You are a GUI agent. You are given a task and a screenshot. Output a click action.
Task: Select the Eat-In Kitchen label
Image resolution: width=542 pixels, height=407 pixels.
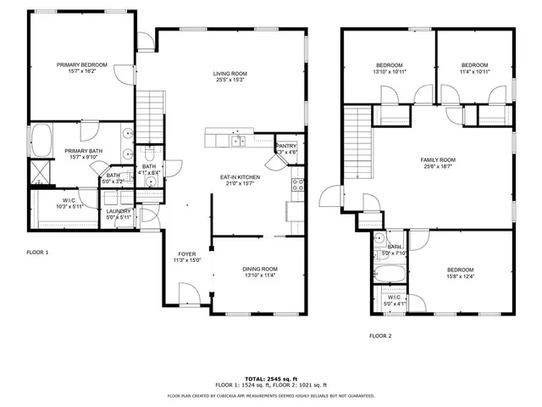pyautogui.click(x=240, y=176)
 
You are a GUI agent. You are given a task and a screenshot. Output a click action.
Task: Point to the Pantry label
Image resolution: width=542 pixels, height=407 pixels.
pyautogui.click(x=287, y=146)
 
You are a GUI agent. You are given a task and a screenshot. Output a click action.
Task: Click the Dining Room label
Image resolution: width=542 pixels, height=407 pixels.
pyautogui.click(x=255, y=268)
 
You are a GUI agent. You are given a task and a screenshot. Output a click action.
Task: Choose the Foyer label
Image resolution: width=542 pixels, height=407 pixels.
pyautogui.click(x=187, y=254)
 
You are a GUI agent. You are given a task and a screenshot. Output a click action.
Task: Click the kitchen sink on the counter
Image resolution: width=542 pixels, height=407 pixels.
pyautogui.click(x=240, y=141)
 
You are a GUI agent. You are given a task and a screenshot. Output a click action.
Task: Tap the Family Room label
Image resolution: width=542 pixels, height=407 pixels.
pyautogui.click(x=438, y=160)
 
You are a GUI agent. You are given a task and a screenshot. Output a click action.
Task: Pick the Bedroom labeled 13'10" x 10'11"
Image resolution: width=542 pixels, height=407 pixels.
pyautogui.click(x=390, y=66)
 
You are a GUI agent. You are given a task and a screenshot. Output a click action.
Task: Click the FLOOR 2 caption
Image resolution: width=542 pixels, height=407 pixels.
pyautogui.click(x=380, y=336)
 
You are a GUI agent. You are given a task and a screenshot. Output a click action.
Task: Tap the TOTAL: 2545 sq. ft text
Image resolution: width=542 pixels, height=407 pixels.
pyautogui.click(x=271, y=378)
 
